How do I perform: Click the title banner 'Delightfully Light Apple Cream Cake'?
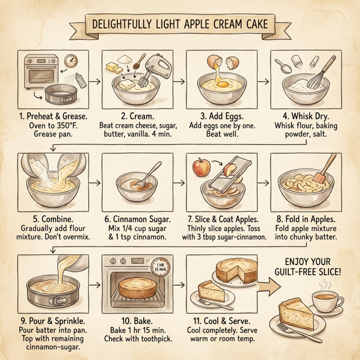[179, 25]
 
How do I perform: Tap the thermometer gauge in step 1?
[72, 61]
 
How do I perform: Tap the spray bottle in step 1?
[80, 80]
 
